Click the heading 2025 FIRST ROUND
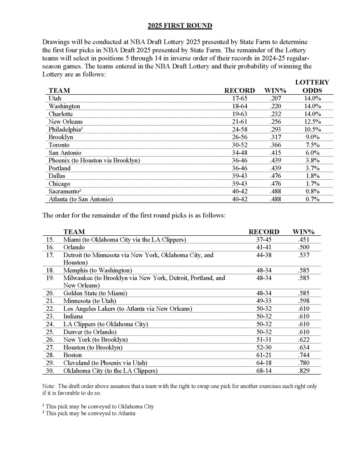point(180,25)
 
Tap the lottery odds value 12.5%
point(312,122)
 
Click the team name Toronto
point(59,145)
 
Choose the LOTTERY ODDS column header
point(312,86)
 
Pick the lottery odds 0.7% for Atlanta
point(312,199)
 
